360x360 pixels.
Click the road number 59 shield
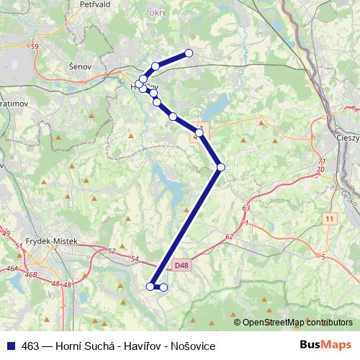35,48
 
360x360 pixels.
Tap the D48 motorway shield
182,265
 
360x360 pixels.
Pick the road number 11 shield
330,218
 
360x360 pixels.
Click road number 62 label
229,236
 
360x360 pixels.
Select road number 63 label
246,208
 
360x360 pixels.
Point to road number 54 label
134,258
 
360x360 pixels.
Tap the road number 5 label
323,256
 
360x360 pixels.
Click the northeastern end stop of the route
189,53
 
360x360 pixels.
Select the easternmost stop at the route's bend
221,167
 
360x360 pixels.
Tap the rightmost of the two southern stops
163,287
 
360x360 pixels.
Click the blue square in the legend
9,346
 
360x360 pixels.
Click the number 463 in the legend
30,346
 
